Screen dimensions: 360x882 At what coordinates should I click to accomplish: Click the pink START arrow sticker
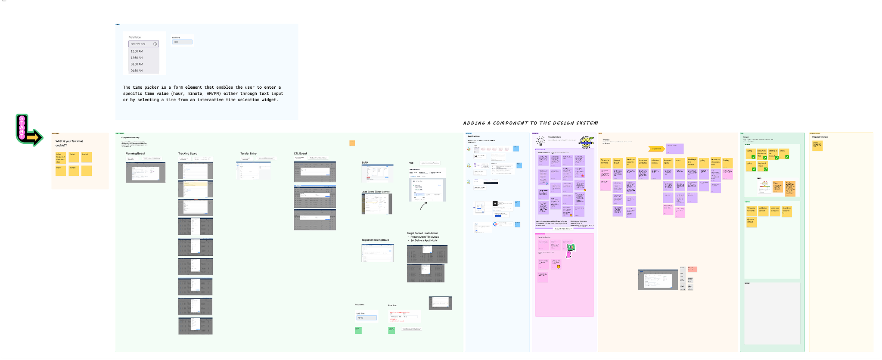[29, 130]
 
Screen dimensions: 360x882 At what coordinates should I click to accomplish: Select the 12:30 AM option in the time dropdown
[137, 58]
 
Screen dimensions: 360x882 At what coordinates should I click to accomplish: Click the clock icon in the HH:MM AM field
[155, 44]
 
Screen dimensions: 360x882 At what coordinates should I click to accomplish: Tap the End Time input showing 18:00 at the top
[182, 42]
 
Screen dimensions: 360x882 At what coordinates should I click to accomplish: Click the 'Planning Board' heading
[135, 154]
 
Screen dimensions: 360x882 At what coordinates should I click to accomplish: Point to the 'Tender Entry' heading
[248, 154]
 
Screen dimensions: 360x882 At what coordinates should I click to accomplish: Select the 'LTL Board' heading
[301, 154]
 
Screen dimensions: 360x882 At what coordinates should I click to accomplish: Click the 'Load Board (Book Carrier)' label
[376, 192]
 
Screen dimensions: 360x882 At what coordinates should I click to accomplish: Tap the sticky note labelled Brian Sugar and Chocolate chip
[61, 158]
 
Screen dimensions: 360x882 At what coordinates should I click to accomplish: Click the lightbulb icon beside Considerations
[540, 141]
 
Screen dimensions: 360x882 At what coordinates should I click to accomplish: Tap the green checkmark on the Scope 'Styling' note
[753, 157]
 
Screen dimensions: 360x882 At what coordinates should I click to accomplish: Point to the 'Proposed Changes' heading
[820, 137]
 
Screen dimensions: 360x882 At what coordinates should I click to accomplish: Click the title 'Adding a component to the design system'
[531, 123]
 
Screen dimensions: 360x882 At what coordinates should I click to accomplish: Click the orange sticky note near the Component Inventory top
[352, 143]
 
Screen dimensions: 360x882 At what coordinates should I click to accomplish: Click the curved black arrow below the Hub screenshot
[423, 205]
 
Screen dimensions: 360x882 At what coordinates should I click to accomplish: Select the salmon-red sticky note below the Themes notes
[692, 269]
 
